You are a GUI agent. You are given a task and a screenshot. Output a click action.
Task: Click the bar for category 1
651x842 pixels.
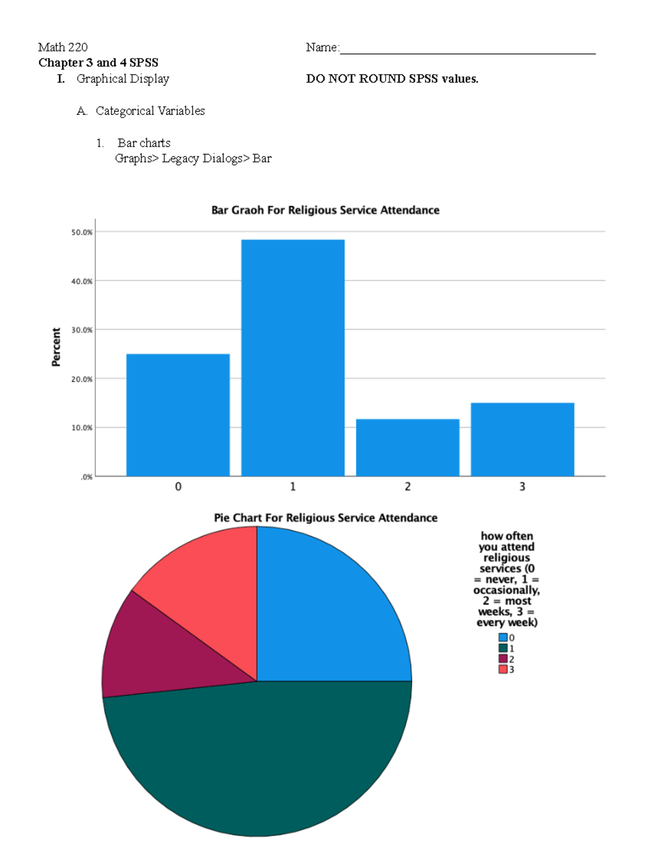click(292, 358)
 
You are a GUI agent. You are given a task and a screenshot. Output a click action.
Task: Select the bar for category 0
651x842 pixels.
click(178, 415)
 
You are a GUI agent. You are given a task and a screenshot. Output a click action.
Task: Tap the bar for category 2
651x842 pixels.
click(407, 447)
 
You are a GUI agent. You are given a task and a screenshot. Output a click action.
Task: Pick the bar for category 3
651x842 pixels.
click(522, 439)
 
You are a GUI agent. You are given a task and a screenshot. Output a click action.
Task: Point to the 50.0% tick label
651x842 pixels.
click(82, 232)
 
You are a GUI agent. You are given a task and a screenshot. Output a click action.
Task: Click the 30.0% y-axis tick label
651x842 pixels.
click(82, 330)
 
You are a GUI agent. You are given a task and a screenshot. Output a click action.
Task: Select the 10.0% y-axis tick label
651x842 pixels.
click(82, 428)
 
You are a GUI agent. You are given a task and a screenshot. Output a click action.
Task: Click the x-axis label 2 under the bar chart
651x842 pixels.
click(407, 487)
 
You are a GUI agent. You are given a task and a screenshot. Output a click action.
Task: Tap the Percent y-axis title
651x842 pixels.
click(56, 347)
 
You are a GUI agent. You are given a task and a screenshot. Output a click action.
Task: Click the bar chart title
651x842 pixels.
click(325, 210)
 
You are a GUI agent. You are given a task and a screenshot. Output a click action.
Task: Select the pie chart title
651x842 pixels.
click(325, 518)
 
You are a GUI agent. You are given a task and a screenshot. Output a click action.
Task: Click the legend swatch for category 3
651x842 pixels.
click(503, 669)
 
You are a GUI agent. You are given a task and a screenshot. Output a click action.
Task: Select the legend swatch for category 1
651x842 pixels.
click(503, 648)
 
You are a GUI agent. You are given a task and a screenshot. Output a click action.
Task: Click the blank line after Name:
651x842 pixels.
click(467, 49)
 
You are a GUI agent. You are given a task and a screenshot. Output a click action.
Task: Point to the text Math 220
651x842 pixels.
click(63, 47)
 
